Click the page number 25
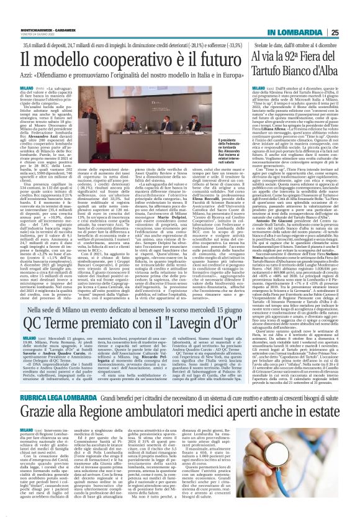pos(351,16)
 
